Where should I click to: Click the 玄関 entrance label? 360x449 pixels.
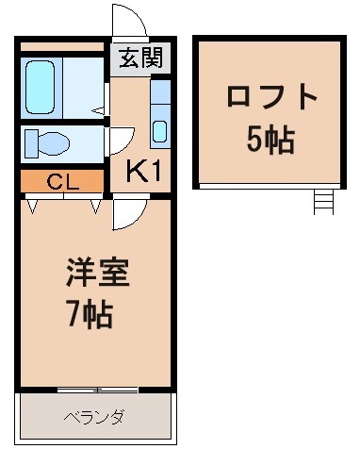(139, 58)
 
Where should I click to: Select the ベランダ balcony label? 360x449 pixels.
(95, 416)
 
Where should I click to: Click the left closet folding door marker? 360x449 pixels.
(35, 203)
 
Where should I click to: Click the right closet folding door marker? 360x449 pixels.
(95, 203)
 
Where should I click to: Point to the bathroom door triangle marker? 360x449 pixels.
(97, 110)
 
